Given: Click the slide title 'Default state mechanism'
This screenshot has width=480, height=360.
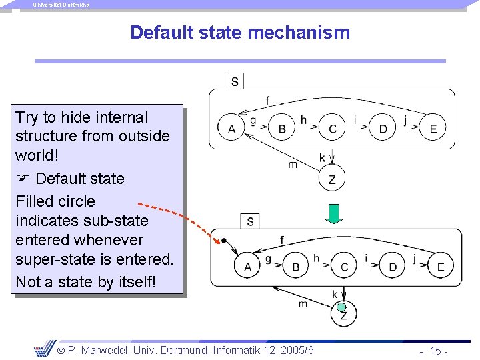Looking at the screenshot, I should point(239,32).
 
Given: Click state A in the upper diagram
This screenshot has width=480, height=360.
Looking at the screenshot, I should point(232,129).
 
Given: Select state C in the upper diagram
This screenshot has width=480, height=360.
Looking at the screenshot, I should point(332,129).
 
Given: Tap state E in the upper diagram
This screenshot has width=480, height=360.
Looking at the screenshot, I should point(433,129).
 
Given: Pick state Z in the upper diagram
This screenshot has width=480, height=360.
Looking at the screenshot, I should point(332,179).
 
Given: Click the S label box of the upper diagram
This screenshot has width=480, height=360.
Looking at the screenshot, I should point(235,81).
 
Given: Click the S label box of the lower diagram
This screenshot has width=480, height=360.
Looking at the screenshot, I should point(250,221).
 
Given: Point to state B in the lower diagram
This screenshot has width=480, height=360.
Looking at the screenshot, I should point(296,267).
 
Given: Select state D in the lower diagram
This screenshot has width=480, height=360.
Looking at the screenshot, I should point(393,267).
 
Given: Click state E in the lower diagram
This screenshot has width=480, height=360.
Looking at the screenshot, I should point(441,267).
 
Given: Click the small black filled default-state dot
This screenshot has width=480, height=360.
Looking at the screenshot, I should point(225,241).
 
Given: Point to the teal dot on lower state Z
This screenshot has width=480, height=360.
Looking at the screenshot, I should point(341,307).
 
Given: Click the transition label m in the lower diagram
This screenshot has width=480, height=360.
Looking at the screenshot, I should point(303,304).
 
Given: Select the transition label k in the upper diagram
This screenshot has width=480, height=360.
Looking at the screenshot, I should point(323,158).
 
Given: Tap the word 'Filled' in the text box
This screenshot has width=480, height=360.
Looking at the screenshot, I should point(35,201).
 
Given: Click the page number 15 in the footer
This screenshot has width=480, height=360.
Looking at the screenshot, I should point(437,351).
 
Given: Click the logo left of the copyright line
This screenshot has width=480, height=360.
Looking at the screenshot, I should point(44,348).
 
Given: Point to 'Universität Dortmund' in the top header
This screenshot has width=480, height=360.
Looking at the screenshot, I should point(61,5).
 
